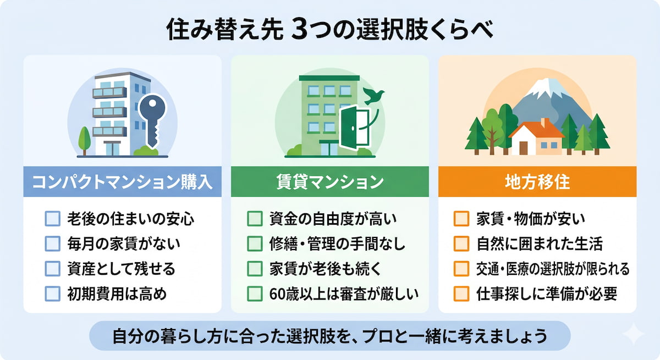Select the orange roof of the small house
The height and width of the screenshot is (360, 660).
[x=536, y=130]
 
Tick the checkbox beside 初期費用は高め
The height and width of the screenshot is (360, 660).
[x=52, y=293]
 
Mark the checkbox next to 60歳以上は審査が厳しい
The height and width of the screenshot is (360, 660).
[x=255, y=293]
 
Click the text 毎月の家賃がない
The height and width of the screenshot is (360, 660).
[x=124, y=244]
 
